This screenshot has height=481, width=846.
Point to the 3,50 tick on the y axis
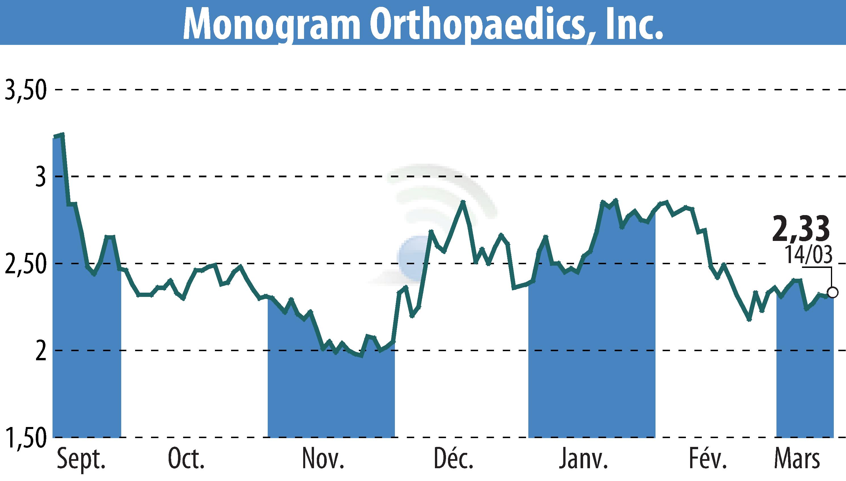(25, 89)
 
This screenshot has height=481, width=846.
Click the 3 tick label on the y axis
(40, 177)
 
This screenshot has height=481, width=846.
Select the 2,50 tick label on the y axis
(25, 264)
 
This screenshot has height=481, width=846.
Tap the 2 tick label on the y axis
(40, 351)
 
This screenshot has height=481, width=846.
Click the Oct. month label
(186, 459)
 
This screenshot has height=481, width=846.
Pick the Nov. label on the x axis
(323, 459)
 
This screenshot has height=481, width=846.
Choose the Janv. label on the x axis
(583, 459)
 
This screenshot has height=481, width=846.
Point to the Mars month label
(797, 459)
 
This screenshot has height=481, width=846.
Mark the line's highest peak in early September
(62, 134)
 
